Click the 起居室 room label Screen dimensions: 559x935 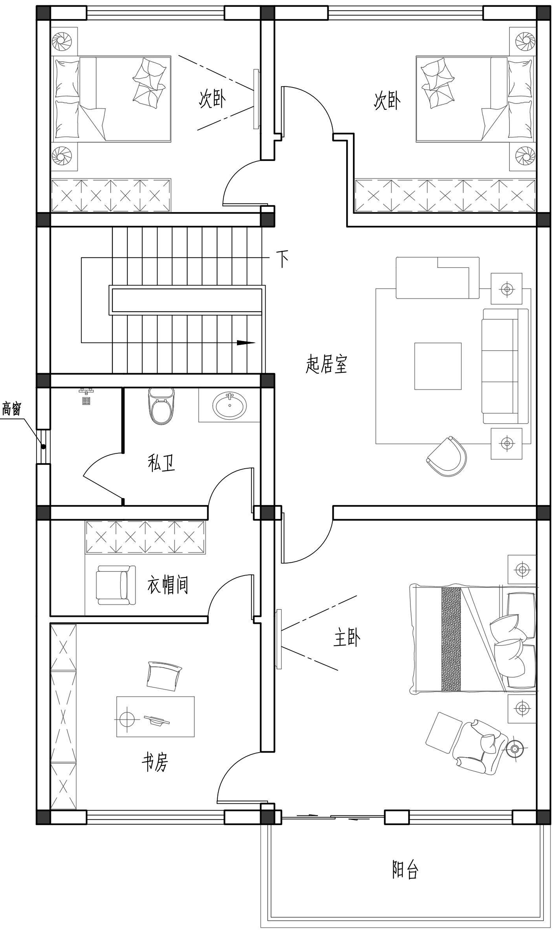[x=326, y=364]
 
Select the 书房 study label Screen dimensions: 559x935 [x=155, y=761]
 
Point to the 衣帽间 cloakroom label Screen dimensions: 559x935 [x=168, y=584]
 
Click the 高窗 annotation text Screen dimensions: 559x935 [x=12, y=409]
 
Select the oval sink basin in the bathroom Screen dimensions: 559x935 [x=230, y=405]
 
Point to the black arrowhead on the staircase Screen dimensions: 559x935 [x=246, y=343]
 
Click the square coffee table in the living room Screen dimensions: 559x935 [x=438, y=366]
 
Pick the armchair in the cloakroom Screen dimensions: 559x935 [x=116, y=585]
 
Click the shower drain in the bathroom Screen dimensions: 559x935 [x=86, y=401]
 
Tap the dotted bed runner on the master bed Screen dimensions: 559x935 [x=451, y=639]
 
